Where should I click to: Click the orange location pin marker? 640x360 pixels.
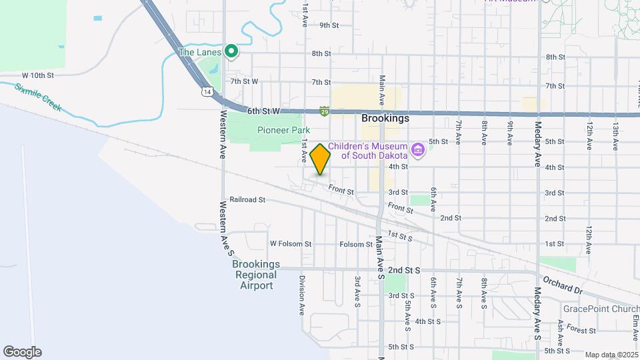pyautogui.click(x=321, y=159)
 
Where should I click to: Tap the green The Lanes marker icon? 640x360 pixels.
pyautogui.click(x=231, y=51)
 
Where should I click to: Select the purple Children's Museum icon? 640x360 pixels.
pyautogui.click(x=418, y=149)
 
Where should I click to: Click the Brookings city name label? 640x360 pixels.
pyautogui.click(x=385, y=118)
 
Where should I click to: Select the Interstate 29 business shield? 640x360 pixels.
pyautogui.click(x=324, y=111)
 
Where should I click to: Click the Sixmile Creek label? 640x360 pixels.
pyautogui.click(x=38, y=97)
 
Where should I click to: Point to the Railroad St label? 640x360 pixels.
pyautogui.click(x=247, y=199)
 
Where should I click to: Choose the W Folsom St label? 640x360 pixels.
pyautogui.click(x=290, y=245)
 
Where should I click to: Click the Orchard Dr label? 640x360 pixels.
pyautogui.click(x=563, y=284)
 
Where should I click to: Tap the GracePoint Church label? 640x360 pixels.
pyautogui.click(x=601, y=309)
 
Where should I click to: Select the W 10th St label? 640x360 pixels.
pyautogui.click(x=37, y=76)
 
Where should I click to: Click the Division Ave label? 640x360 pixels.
pyautogui.click(x=302, y=295)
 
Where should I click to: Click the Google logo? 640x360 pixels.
pyautogui.click(x=22, y=352)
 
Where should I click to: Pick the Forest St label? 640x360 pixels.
pyautogui.click(x=582, y=330)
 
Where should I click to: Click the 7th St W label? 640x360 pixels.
pyautogui.click(x=244, y=82)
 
